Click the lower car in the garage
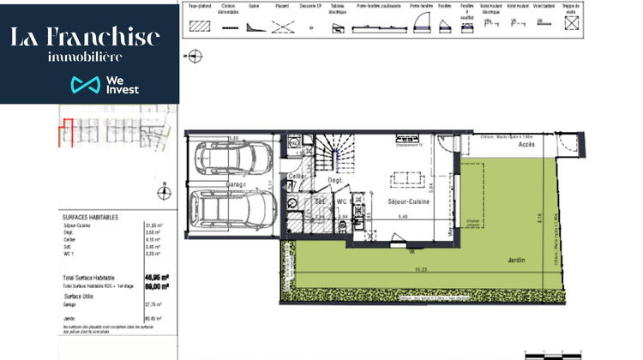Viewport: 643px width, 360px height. click(x=231, y=208)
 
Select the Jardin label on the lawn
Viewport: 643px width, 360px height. click(x=516, y=260)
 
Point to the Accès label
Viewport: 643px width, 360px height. click(x=528, y=145)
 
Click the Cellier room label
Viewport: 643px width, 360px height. click(x=297, y=177)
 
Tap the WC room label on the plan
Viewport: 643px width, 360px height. click(x=340, y=202)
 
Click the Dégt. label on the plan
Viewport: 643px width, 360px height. click(x=334, y=181)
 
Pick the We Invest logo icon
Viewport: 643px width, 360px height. click(x=85, y=85)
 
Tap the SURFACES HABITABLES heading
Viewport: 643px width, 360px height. click(x=90, y=218)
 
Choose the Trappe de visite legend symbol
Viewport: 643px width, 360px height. click(x=571, y=25)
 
